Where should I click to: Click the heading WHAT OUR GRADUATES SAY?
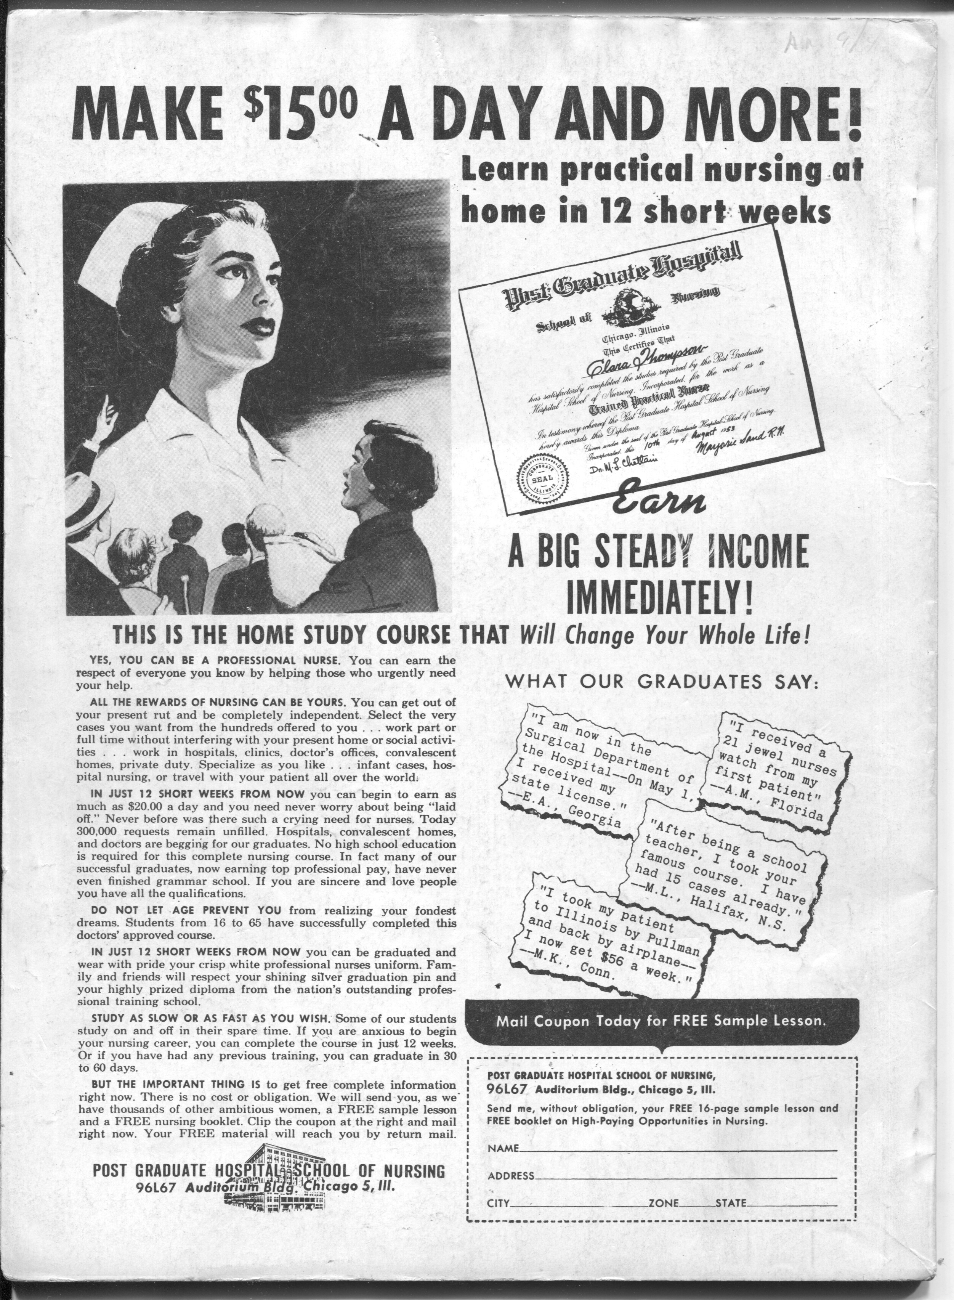pos(662,682)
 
